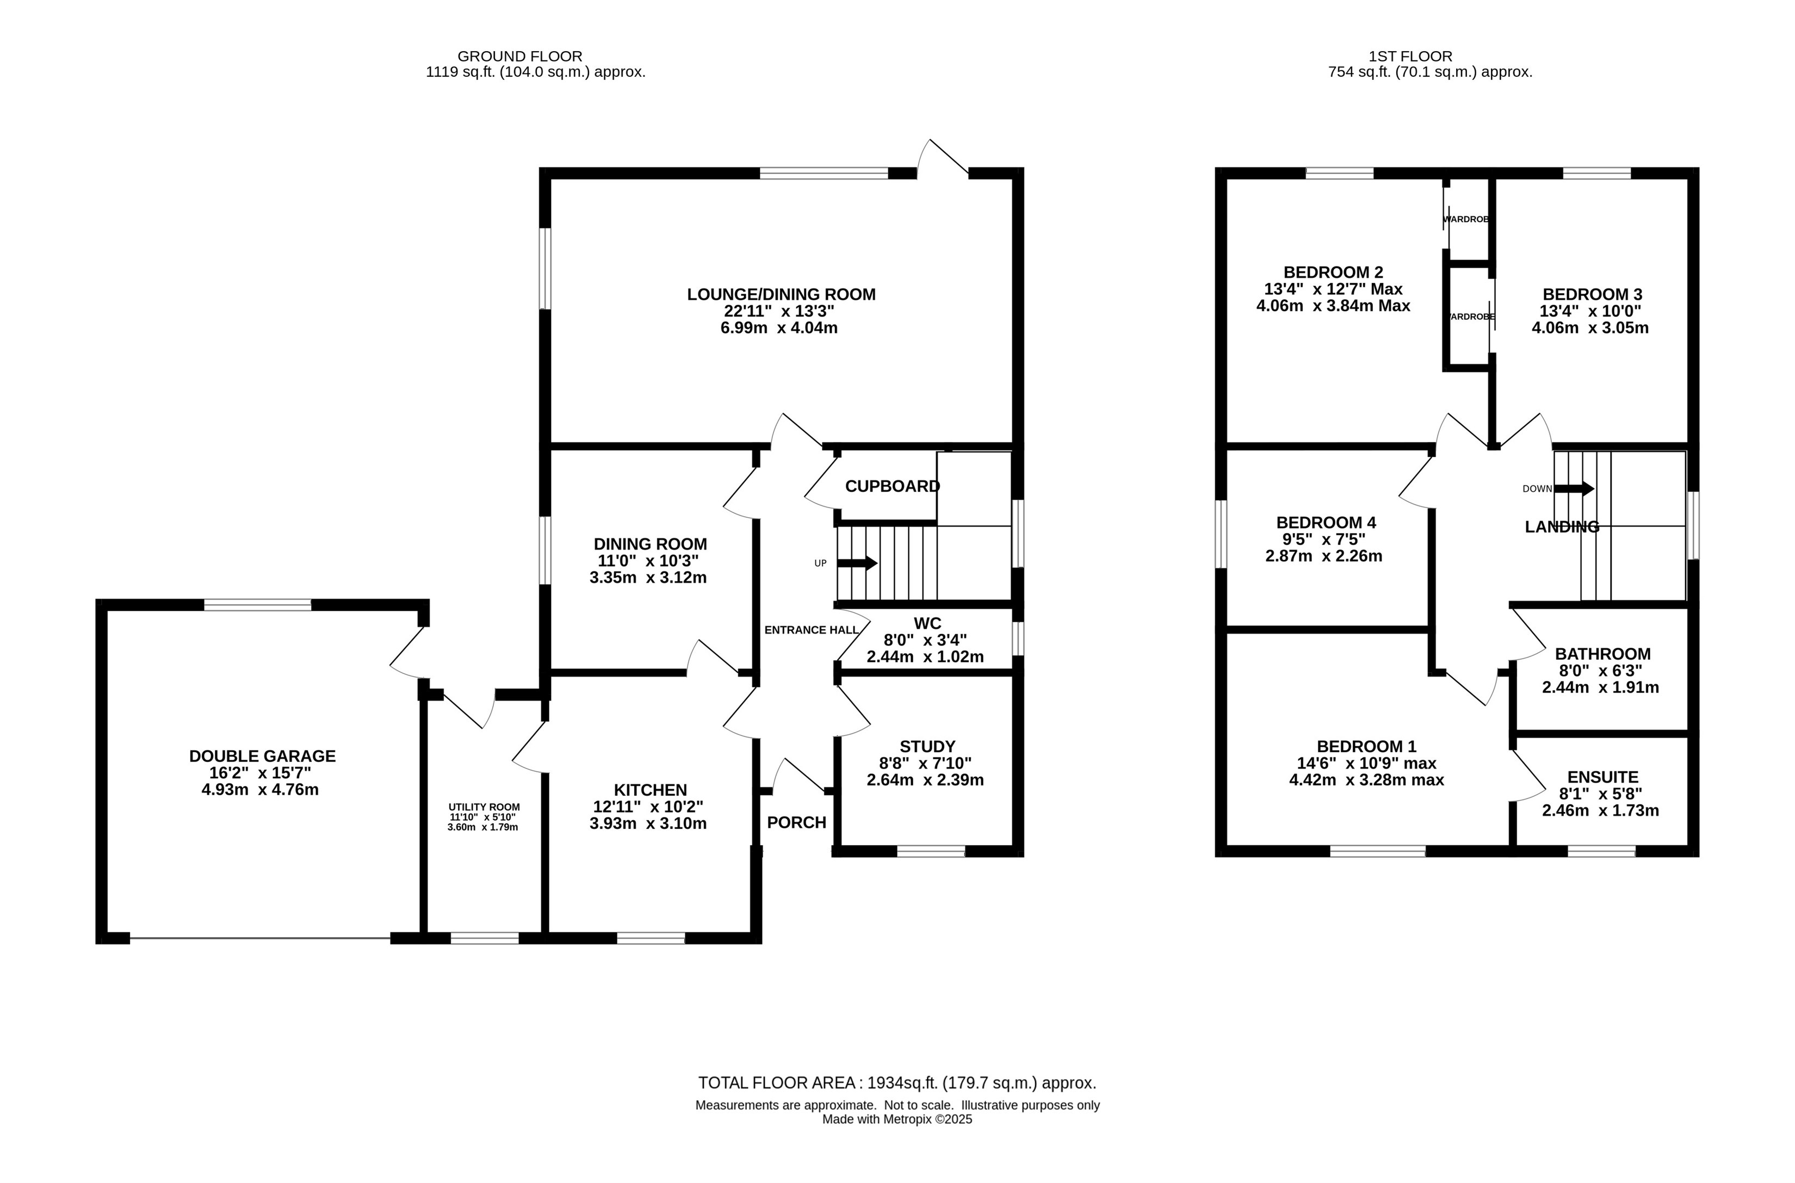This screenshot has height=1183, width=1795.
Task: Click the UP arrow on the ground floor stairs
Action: pos(857,563)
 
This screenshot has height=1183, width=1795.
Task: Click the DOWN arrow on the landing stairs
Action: pos(1575,489)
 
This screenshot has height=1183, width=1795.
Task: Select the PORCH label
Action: pos(797,822)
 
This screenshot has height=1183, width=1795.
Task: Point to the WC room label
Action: pos(927,623)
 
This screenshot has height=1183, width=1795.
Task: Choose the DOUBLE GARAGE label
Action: pos(263,756)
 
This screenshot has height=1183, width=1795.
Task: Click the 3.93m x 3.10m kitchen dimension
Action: pos(648,823)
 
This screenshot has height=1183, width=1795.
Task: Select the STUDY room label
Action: pos(928,746)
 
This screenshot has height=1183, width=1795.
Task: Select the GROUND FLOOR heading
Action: pos(520,57)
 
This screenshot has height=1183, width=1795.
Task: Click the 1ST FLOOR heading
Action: pos(1410,57)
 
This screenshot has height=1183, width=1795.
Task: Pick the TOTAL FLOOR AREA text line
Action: pos(897,1083)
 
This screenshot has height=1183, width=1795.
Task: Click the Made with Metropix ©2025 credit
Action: pos(897,1119)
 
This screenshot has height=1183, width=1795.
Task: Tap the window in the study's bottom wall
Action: pos(931,851)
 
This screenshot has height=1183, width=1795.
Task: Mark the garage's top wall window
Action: pos(257,605)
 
